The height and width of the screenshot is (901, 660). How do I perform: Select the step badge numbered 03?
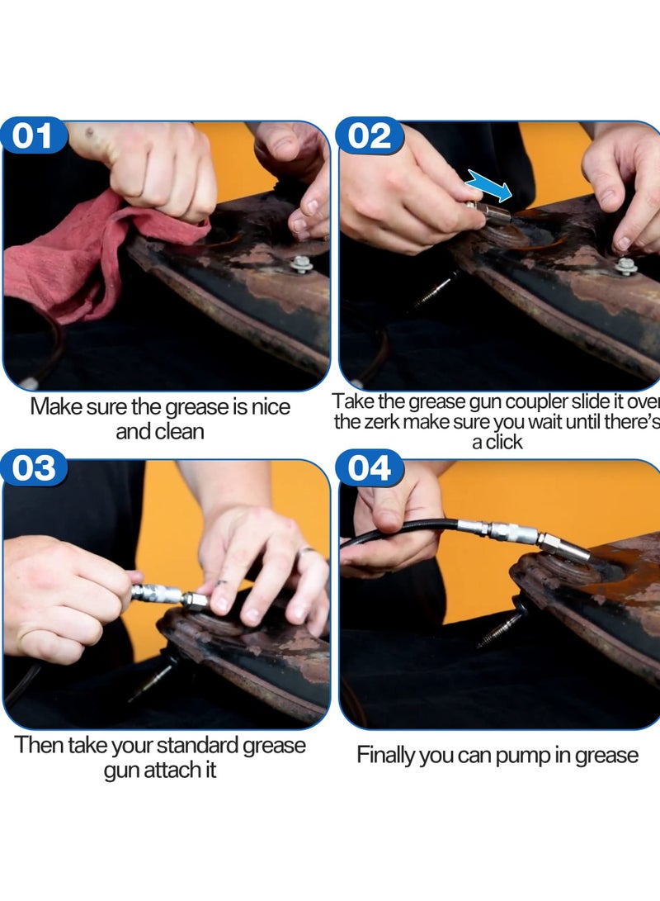click(x=33, y=467)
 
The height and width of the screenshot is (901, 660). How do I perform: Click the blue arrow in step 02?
click(x=488, y=185)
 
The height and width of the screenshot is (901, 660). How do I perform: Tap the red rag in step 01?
click(x=86, y=258)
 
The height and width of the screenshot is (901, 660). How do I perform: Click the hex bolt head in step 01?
click(x=301, y=264)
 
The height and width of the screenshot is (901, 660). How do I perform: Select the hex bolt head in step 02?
click(x=626, y=265)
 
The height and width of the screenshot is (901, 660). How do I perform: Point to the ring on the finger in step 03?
click(x=306, y=551)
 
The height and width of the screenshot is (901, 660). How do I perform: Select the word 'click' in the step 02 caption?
click(x=504, y=442)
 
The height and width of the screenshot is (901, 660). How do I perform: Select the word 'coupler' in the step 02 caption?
click(x=535, y=402)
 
